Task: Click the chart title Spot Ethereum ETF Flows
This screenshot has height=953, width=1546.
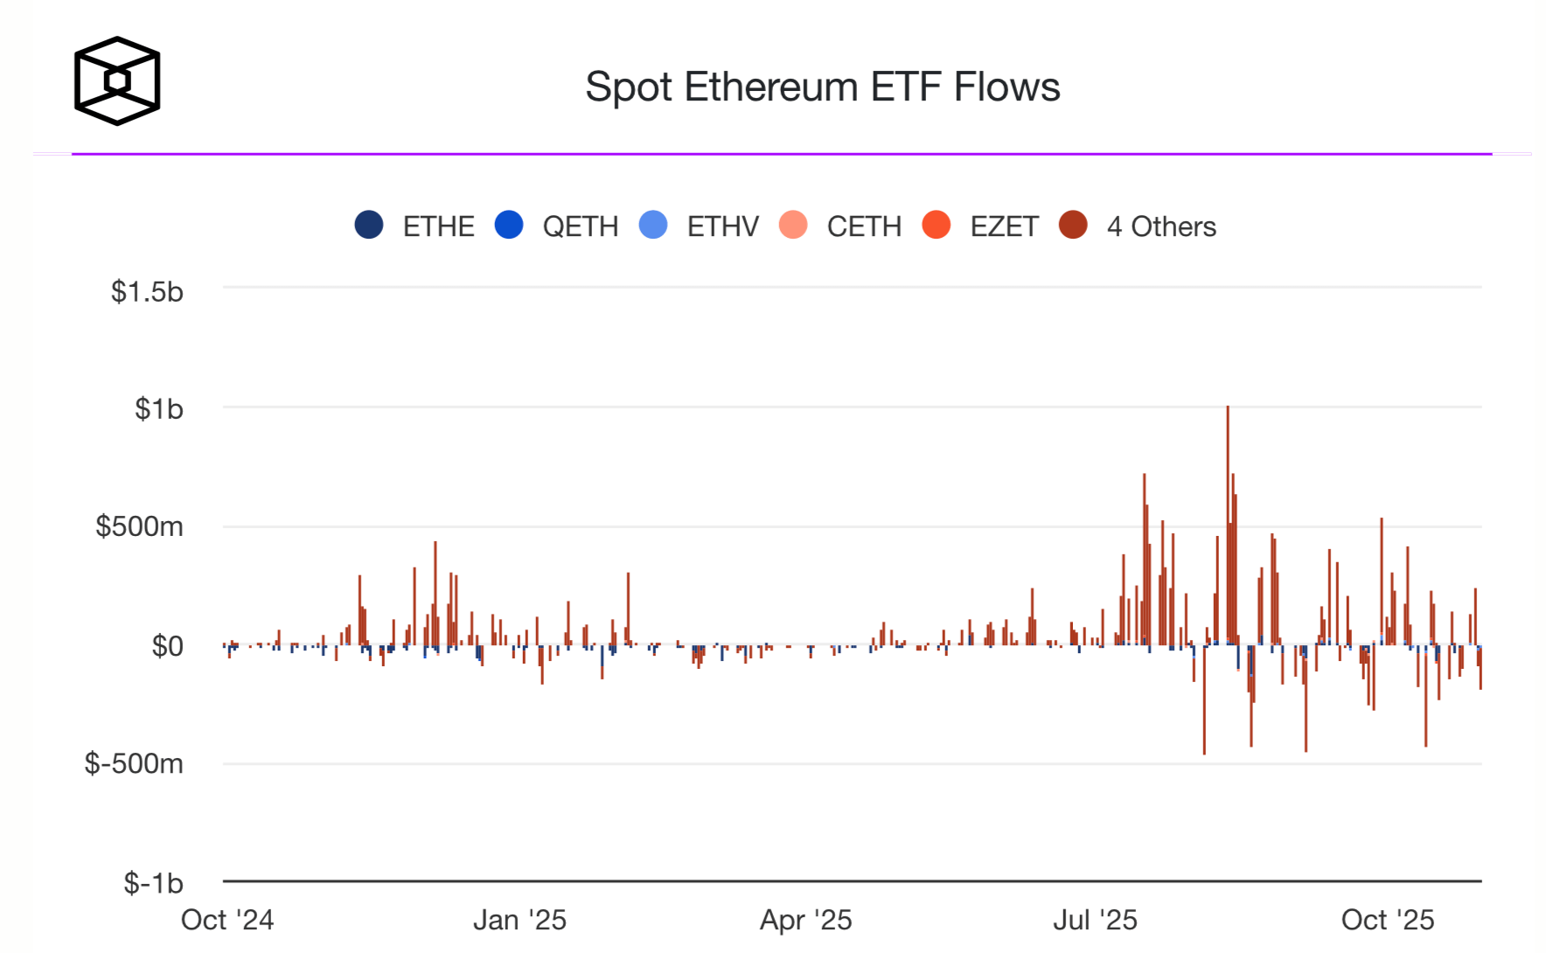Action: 822,87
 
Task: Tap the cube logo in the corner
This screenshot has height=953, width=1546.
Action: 117,80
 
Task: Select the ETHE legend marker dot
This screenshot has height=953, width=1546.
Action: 369,226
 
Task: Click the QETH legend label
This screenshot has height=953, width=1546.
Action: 580,226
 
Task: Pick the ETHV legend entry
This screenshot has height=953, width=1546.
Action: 722,226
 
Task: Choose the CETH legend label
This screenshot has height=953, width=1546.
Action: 864,226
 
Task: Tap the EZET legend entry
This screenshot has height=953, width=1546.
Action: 1004,226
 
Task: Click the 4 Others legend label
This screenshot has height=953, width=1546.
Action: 1161,226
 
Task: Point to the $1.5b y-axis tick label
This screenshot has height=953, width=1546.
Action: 147,291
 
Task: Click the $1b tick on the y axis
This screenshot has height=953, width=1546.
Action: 158,408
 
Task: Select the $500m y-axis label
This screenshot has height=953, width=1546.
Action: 139,526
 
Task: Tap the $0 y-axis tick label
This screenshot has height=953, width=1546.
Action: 167,646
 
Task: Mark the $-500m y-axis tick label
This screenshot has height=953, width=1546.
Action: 134,764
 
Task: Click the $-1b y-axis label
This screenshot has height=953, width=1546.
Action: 153,883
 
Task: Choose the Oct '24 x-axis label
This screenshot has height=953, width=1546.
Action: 227,920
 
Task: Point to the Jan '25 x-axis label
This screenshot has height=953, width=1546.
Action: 519,920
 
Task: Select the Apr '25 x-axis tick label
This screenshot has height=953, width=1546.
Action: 805,920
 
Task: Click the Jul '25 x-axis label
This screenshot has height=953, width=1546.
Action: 1095,920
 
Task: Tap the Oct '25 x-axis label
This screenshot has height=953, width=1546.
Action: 1388,920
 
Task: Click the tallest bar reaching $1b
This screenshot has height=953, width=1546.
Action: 1228,525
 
